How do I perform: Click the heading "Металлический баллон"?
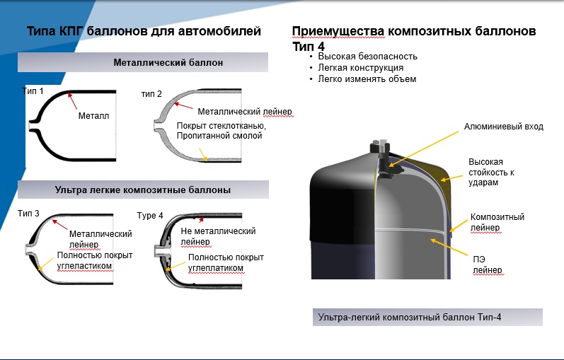click(x=168, y=62)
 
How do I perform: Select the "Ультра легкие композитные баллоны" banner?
click(x=143, y=190)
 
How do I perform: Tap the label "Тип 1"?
click(x=33, y=91)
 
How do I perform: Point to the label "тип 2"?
click(x=151, y=94)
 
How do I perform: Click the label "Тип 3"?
click(x=28, y=213)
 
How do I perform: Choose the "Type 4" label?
click(x=150, y=216)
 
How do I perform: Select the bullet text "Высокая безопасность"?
click(x=367, y=56)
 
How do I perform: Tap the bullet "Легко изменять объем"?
click(x=367, y=79)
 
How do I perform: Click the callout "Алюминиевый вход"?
click(x=503, y=127)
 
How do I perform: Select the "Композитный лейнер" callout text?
click(x=497, y=222)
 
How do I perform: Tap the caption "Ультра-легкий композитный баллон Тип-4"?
click(x=410, y=318)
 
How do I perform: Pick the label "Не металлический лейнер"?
click(x=218, y=236)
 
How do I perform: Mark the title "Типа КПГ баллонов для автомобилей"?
click(x=144, y=31)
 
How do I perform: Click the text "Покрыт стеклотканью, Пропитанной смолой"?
click(x=220, y=131)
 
